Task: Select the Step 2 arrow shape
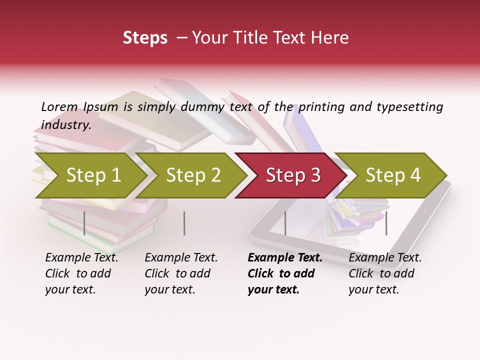pyautogui.click(x=193, y=175)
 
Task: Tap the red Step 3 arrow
pyautogui.click(x=293, y=175)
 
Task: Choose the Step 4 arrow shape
pyautogui.click(x=393, y=175)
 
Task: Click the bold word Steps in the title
pyautogui.click(x=145, y=38)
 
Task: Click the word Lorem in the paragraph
pyautogui.click(x=59, y=106)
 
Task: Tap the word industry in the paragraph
pyautogui.click(x=66, y=124)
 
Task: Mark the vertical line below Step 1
pyautogui.click(x=84, y=223)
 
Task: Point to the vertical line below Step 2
pyautogui.click(x=184, y=223)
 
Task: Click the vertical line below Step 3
pyautogui.click(x=285, y=223)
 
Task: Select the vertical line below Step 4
pyautogui.click(x=386, y=223)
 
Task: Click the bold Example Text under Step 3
pyautogui.click(x=285, y=258)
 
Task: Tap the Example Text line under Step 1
pyautogui.click(x=82, y=258)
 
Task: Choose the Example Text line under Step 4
pyautogui.click(x=385, y=258)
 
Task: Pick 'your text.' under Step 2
pyautogui.click(x=169, y=289)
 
